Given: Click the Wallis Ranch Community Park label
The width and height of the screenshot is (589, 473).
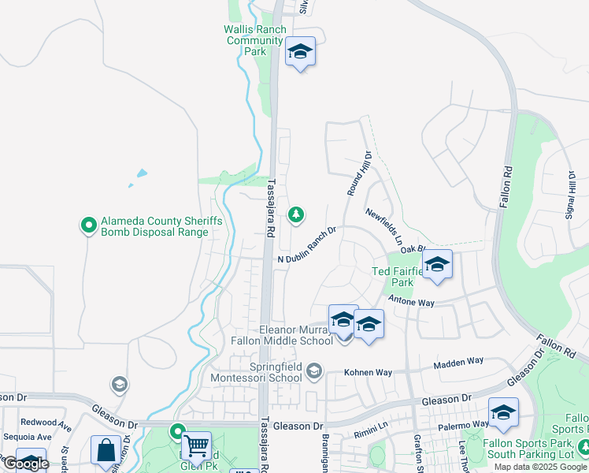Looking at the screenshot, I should click(x=254, y=40).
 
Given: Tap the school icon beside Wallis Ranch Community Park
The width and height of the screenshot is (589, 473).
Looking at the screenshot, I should click(x=300, y=52).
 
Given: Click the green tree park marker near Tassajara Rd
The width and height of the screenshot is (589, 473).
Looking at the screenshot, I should click(x=296, y=214).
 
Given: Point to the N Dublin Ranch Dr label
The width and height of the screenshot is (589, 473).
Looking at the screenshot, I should click(x=307, y=245).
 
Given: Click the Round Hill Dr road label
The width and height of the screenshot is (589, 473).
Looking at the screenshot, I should click(x=358, y=173).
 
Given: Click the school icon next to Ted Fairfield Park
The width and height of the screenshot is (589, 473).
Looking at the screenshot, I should click(x=436, y=265).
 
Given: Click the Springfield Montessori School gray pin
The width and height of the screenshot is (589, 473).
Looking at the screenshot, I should click(x=314, y=371).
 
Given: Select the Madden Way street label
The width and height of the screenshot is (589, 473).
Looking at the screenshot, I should click(x=458, y=362).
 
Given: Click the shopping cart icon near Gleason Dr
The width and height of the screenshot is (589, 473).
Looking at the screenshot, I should click(x=196, y=445).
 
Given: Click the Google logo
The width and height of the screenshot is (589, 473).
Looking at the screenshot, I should click(x=25, y=464).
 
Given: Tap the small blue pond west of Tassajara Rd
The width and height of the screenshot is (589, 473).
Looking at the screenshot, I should click(x=141, y=173).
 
